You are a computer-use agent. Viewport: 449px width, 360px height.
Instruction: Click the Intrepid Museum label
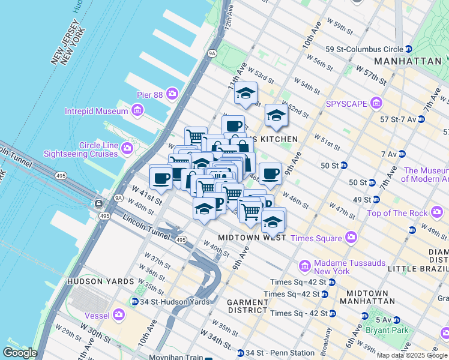coord(96,111)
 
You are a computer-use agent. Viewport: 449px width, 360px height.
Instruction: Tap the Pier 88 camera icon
coord(172,94)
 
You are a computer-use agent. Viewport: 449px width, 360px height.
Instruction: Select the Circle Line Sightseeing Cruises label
coord(81,149)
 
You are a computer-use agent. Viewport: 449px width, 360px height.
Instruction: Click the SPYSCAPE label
coord(346,103)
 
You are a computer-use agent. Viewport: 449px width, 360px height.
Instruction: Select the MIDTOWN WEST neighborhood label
coord(252,238)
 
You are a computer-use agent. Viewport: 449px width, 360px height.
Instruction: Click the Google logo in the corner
coord(20,353)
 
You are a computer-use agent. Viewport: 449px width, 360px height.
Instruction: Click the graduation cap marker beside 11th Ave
coord(246,93)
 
